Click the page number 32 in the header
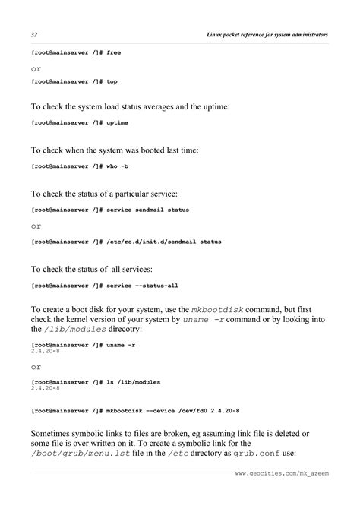35,36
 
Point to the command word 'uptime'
118,123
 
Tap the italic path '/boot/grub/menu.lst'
77,454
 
